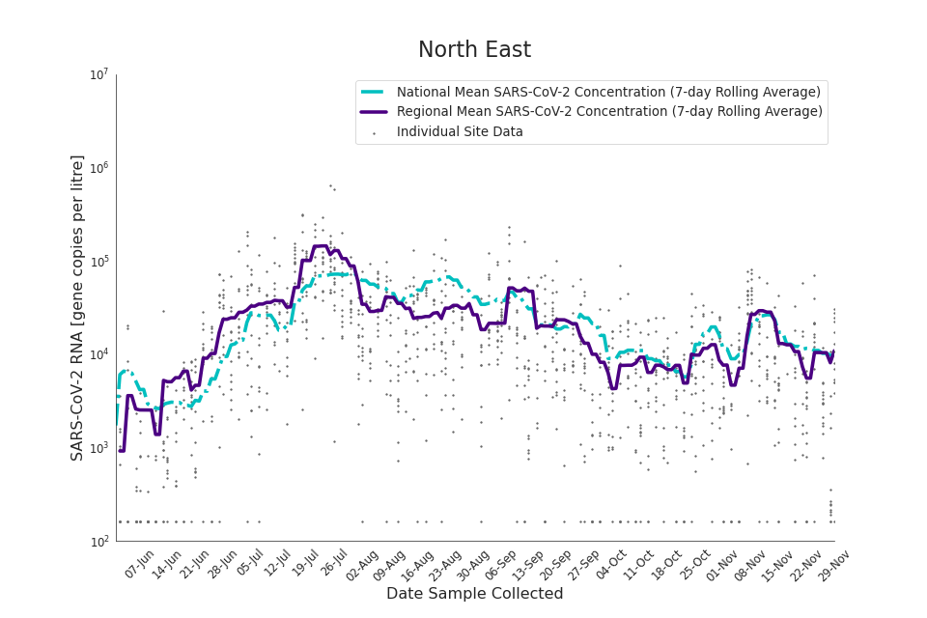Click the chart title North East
pyautogui.click(x=474, y=50)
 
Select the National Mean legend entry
pyautogui.click(x=608, y=92)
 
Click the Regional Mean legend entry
pyautogui.click(x=609, y=112)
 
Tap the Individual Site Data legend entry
pyautogui.click(x=460, y=132)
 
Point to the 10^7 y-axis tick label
pyautogui.click(x=98, y=74)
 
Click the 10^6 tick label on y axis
pyautogui.click(x=98, y=168)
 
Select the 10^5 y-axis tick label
pyautogui.click(x=98, y=262)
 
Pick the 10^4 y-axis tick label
pyautogui.click(x=98, y=354)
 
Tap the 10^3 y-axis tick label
pyautogui.click(x=98, y=448)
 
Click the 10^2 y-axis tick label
pyautogui.click(x=98, y=542)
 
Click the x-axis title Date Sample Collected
pyautogui.click(x=474, y=594)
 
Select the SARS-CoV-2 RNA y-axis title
pyautogui.click(x=77, y=307)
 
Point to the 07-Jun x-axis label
pyautogui.click(x=140, y=564)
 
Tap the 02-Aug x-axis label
pyautogui.click(x=361, y=564)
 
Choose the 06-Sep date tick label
pyautogui.click(x=499, y=564)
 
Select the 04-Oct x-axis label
pyautogui.click(x=611, y=564)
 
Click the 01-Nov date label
pyautogui.click(x=722, y=564)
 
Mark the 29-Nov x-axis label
pyautogui.click(x=833, y=564)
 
